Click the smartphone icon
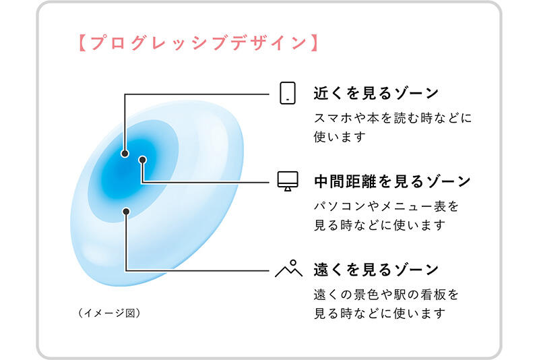[288, 93]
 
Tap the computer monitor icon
[288, 181]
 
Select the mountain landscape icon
[288, 268]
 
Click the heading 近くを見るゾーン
[376, 93]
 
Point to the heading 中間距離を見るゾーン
[392, 181]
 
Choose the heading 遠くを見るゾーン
[376, 269]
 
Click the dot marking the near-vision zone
[125, 153]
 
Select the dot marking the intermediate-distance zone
[143, 160]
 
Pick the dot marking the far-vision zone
[125, 212]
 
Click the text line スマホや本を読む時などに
[393, 118]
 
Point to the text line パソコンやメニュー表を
[386, 206]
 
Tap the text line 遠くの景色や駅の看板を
[386, 295]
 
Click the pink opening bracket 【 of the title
[80, 44]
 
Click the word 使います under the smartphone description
[340, 137]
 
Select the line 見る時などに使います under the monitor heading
[379, 224]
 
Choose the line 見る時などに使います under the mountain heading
[379, 313]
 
